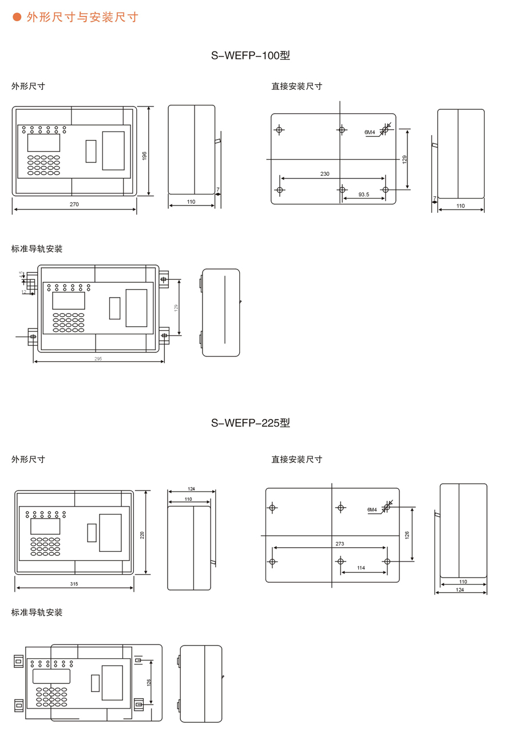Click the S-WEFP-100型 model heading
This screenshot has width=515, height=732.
click(251, 56)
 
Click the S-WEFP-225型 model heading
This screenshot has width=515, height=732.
click(251, 424)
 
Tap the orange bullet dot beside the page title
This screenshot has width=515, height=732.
click(17, 17)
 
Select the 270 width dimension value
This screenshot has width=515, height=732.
click(74, 204)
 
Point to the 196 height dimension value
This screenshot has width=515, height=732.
click(145, 156)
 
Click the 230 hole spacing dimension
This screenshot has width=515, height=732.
click(325, 174)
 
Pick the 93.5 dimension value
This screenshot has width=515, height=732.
click(364, 195)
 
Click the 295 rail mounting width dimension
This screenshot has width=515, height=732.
click(99, 359)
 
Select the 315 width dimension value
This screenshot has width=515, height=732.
click(74, 584)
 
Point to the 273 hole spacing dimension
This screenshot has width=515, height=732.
click(340, 544)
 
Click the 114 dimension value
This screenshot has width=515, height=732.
click(361, 568)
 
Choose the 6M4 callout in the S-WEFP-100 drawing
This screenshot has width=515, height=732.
click(370, 133)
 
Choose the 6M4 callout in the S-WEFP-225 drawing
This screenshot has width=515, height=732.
click(372, 509)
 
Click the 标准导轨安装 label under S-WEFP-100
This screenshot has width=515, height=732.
click(37, 249)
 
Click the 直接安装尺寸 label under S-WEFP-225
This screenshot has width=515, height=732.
click(297, 459)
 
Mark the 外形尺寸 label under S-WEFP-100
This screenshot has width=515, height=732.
click(29, 86)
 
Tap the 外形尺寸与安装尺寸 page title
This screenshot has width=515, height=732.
click(82, 17)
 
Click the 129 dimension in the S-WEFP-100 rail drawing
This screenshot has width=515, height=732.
click(176, 307)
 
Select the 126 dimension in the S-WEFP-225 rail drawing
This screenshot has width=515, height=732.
click(148, 683)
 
